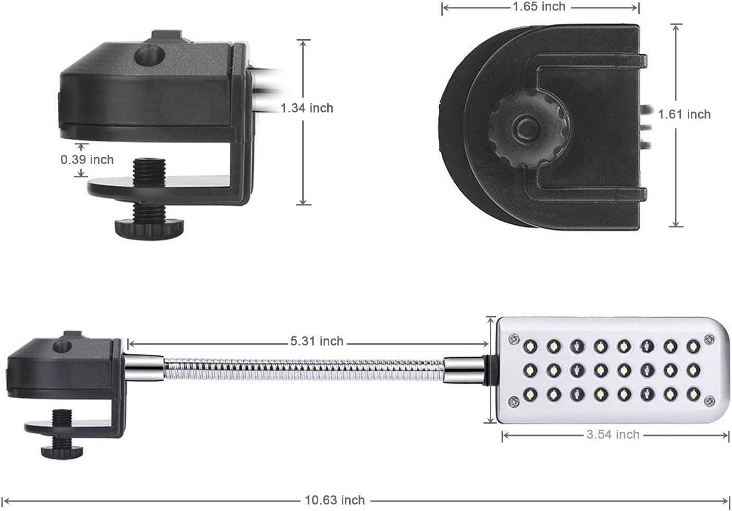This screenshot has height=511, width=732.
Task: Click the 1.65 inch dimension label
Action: click(x=539, y=7)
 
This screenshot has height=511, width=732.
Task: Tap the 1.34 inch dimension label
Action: click(x=307, y=108)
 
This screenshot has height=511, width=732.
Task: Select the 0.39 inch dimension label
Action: click(x=87, y=160)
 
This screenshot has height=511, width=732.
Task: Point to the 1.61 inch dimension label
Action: click(x=684, y=114)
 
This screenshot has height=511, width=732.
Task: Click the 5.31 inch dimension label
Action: click(x=317, y=341)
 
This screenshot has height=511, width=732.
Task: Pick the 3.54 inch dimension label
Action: click(x=613, y=434)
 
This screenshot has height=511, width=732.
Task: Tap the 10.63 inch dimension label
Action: click(x=334, y=500)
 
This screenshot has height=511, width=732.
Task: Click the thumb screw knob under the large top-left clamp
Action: click(x=149, y=229)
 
